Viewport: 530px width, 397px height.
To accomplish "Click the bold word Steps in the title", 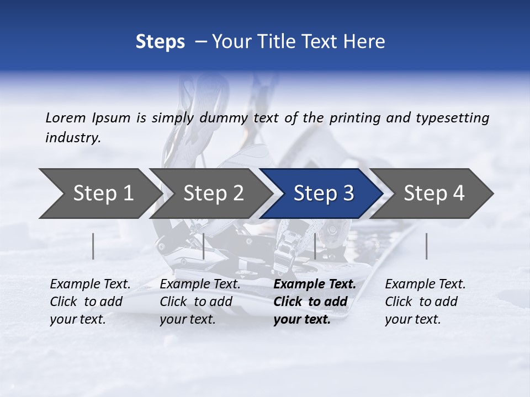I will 160,42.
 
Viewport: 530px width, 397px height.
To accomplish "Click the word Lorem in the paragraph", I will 65,118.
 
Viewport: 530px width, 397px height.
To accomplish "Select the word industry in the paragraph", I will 72,138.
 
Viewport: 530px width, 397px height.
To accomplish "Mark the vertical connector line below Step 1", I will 93,246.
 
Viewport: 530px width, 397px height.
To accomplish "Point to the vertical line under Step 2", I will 204,246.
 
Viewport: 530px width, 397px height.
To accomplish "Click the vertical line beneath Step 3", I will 315,246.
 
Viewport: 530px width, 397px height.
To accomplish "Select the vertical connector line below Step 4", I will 427,246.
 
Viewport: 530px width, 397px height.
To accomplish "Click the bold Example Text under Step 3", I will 315,285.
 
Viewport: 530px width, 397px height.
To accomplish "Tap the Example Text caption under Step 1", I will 90,285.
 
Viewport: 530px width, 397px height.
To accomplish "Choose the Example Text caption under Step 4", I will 425,285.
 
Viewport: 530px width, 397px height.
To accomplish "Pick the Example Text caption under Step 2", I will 200,285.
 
